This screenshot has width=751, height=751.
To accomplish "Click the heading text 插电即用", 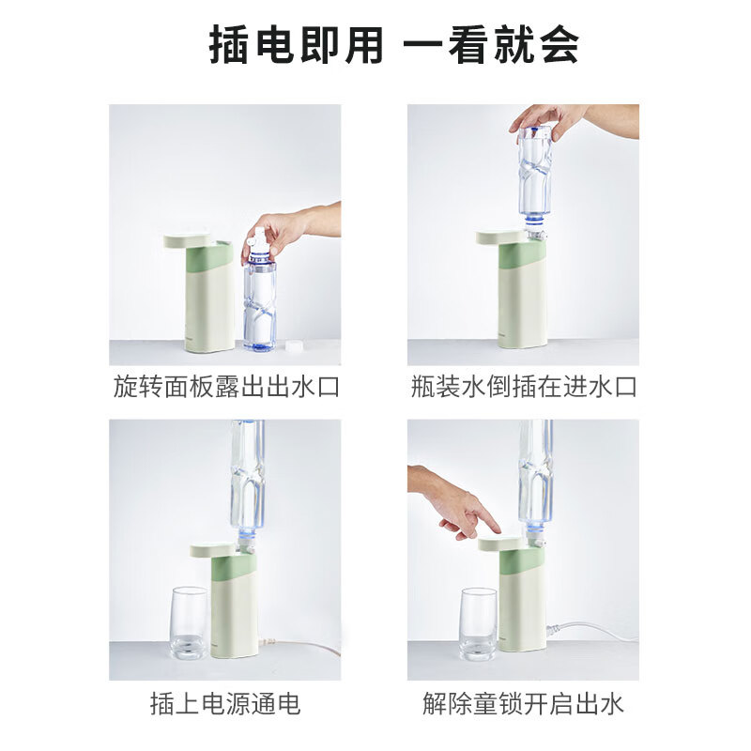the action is coord(296,45).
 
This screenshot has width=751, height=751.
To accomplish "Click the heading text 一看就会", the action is coord(491,45).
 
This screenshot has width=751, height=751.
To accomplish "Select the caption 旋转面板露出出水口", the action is coord(226,387).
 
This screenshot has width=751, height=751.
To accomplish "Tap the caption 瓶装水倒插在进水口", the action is coord(524,387).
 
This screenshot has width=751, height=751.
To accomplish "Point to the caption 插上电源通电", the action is coord(225,703).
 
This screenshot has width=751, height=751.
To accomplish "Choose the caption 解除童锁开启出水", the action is coord(524,703).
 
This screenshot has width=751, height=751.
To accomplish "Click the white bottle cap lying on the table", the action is coord(293,345).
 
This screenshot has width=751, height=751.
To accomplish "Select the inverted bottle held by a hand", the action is coord(534,178).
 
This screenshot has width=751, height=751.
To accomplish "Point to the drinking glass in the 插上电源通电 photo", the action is coord(190,622).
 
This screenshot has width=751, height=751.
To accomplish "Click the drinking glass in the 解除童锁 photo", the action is coord(478,624).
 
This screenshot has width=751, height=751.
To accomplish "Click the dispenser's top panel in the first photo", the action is coord(188,241).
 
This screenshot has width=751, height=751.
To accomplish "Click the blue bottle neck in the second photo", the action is coord(534,222).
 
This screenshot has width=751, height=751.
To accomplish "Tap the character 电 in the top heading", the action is coord(274,45).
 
